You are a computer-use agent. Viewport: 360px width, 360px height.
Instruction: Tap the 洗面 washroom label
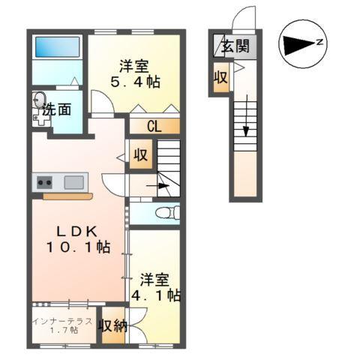click(x=57, y=109)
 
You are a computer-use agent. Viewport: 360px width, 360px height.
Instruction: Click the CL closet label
click(x=154, y=127)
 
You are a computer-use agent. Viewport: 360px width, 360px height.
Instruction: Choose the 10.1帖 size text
click(x=78, y=247)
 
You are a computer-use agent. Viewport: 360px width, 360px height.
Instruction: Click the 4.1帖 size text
click(x=156, y=295)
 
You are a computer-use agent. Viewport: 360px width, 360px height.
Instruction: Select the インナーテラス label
click(x=64, y=322)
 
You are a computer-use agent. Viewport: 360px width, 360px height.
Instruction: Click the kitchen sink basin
click(x=74, y=181)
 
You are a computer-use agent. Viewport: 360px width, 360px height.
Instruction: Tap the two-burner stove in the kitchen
click(x=43, y=181)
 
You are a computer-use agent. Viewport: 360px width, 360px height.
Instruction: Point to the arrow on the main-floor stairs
click(x=157, y=183)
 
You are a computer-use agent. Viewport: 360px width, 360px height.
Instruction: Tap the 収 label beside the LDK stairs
click(x=140, y=156)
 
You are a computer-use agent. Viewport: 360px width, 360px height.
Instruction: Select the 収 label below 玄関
click(x=220, y=77)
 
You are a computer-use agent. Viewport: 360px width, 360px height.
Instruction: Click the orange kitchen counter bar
click(x=67, y=196)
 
